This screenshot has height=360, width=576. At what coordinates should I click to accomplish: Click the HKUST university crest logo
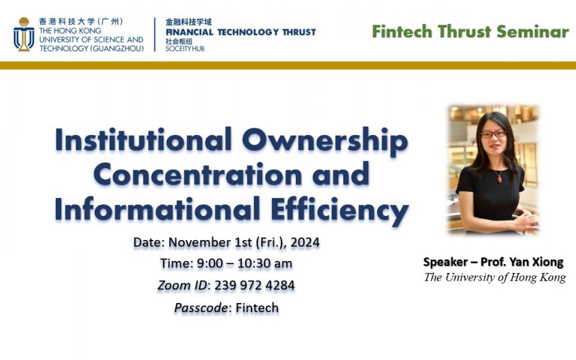(x=24, y=34)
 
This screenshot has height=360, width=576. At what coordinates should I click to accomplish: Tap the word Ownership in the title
(x=325, y=141)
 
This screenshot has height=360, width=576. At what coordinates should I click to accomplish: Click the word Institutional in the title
(x=143, y=140)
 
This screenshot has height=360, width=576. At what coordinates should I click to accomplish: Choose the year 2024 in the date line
(x=305, y=242)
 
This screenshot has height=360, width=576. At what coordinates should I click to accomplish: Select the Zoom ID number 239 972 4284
(x=254, y=286)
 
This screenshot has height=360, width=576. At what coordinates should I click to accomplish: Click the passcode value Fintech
(x=257, y=307)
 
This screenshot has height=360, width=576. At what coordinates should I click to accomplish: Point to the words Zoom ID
(x=182, y=286)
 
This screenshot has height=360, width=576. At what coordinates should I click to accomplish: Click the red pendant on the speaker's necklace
(x=499, y=179)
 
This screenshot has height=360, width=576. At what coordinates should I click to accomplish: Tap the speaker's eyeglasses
(x=493, y=134)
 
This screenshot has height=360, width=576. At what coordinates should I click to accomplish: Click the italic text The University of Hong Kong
(x=495, y=277)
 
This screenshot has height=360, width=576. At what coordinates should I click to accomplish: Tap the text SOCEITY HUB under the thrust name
(x=185, y=49)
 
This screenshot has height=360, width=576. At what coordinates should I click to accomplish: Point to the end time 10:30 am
(x=265, y=263)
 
